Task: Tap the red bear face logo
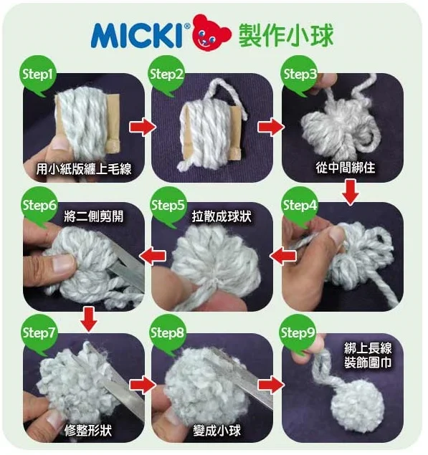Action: tap(211, 33)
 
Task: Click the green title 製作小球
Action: tap(286, 35)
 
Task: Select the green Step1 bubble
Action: tap(37, 75)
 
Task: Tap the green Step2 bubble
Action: tap(166, 75)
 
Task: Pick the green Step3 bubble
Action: tap(299, 75)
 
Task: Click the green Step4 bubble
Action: tap(299, 206)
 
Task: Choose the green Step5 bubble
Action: tap(168, 206)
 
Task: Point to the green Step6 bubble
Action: tap(39, 206)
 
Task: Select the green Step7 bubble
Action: tap(39, 333)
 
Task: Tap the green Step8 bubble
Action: tap(167, 333)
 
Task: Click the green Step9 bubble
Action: tap(298, 333)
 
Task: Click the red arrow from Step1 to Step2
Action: tap(142, 127)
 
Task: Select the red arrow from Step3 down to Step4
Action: tap(351, 192)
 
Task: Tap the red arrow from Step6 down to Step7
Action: tap(89, 319)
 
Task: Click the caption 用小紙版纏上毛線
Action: tap(84, 169)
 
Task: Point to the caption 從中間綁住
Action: tap(346, 168)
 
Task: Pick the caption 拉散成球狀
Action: tap(222, 216)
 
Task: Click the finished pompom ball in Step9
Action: tap(358, 402)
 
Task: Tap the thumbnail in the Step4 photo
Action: tap(337, 236)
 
